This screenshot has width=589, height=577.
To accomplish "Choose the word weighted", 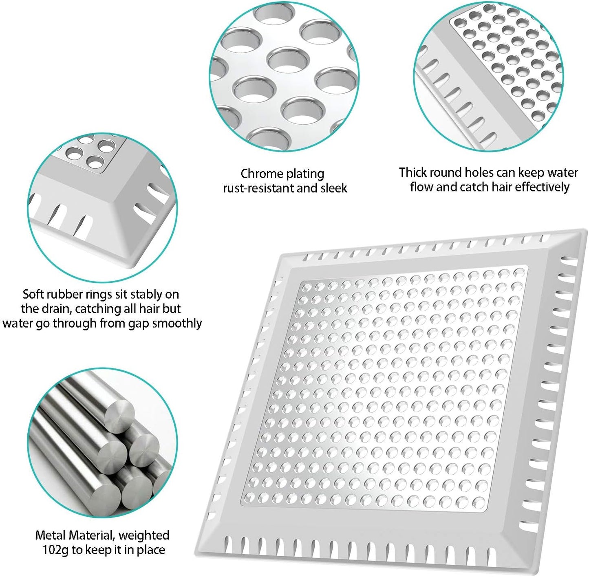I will click(x=144, y=535).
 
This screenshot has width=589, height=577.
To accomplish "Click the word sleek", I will click(x=334, y=188).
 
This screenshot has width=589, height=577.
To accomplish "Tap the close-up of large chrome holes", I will click(x=284, y=75).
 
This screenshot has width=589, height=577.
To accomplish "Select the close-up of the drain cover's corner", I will click(x=102, y=208).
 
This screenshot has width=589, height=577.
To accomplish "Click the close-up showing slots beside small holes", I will click(x=488, y=75).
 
